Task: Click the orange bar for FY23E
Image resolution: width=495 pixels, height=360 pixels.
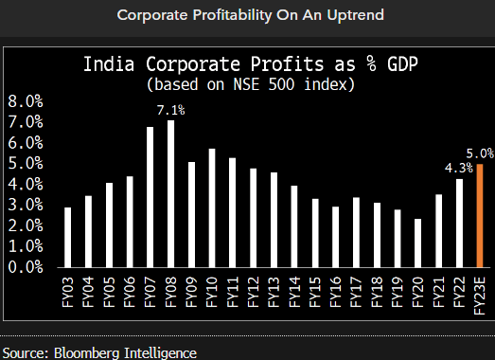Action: click(x=480, y=215)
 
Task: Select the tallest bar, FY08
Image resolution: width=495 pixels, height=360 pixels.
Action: click(x=171, y=193)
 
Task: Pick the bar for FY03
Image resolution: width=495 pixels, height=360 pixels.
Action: click(x=67, y=237)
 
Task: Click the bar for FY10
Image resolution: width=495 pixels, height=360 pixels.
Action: click(x=212, y=207)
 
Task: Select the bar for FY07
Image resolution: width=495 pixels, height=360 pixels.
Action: click(x=150, y=196)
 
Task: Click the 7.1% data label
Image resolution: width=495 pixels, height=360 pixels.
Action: click(x=171, y=111)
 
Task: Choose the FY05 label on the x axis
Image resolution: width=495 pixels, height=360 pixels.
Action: click(x=109, y=291)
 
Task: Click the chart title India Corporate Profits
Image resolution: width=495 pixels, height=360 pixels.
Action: click(x=251, y=65)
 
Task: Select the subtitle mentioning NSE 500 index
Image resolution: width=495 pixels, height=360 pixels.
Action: click(x=251, y=84)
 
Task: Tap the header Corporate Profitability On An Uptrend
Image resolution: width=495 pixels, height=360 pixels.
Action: click(x=247, y=15)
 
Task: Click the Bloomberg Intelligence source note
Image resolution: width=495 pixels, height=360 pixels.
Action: click(x=99, y=352)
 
